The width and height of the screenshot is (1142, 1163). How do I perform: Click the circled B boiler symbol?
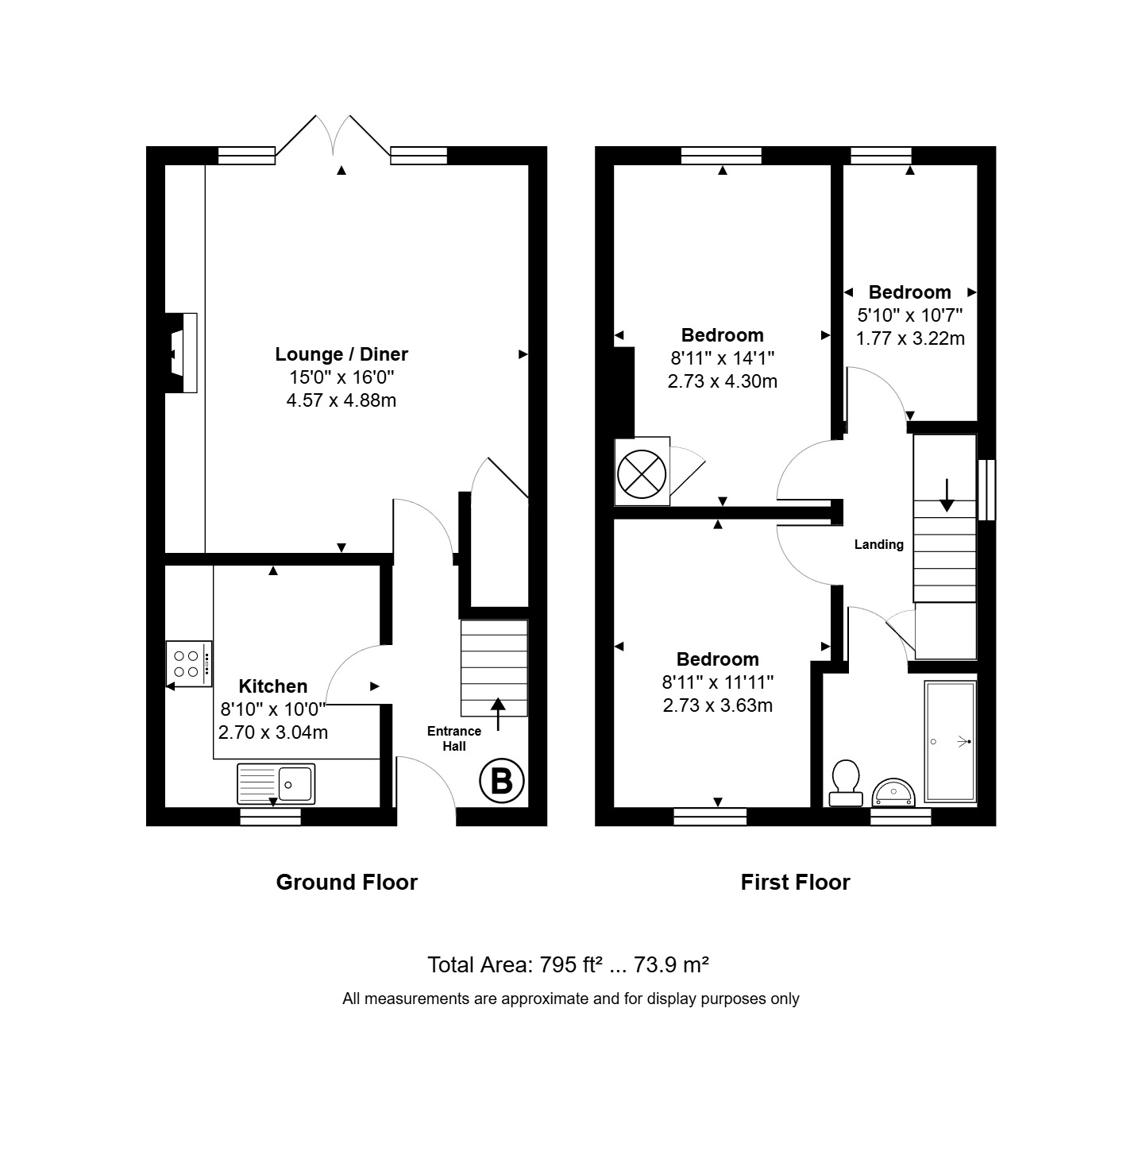tap(502, 781)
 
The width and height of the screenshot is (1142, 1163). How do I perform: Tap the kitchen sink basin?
tap(295, 784)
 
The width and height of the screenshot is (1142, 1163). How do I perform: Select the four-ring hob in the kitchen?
tap(189, 663)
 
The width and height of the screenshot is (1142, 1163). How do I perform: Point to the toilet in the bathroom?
tap(845, 782)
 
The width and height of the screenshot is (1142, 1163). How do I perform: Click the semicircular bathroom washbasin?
tap(894, 793)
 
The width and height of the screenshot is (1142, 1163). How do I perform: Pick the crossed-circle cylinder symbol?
tap(642, 473)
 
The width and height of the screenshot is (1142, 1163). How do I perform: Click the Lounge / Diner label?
tap(341, 354)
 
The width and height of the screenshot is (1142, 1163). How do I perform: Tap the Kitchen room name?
tap(273, 686)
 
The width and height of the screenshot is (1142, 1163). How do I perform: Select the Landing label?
tap(879, 544)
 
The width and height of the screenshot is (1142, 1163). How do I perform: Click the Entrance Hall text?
tap(454, 739)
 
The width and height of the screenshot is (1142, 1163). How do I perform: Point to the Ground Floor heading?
tap(346, 883)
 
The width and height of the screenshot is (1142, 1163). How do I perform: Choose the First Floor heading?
tap(795, 883)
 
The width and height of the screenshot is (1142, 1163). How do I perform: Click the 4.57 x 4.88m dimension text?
tap(341, 400)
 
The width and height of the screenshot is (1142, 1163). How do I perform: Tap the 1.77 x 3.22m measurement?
tap(910, 338)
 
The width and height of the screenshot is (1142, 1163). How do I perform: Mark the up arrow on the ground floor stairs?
tap(498, 714)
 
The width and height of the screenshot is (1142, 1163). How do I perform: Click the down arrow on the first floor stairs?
tap(947, 495)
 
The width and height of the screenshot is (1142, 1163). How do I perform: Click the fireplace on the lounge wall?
tap(181, 353)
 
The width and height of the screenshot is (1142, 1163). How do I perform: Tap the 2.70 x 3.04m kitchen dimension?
tap(273, 732)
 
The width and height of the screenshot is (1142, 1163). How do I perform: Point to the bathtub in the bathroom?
tap(951, 742)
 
